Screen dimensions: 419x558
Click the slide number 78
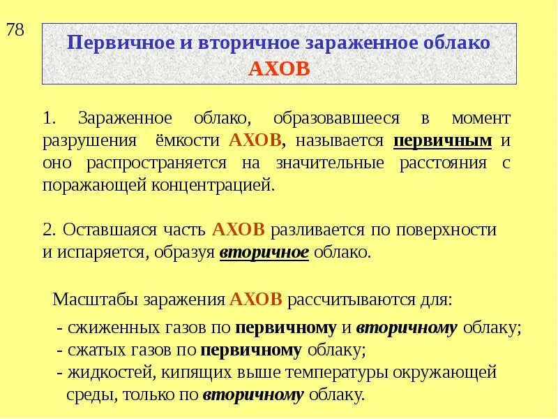15,31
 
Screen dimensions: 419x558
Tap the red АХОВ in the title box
278,69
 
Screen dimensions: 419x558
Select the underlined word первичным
443,141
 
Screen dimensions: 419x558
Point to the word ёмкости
190,141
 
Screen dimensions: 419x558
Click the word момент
481,118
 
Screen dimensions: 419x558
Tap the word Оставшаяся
101,230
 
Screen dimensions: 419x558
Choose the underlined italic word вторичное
264,253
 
